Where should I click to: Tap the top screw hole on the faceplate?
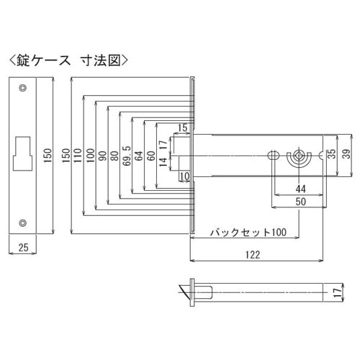tap(24, 89)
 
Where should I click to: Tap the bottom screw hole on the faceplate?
tap(24, 221)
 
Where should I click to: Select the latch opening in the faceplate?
tap(23, 148)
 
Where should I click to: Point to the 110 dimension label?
tap(77, 155)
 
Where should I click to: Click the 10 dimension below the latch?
tap(184, 176)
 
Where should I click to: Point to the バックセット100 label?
tap(248, 233)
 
